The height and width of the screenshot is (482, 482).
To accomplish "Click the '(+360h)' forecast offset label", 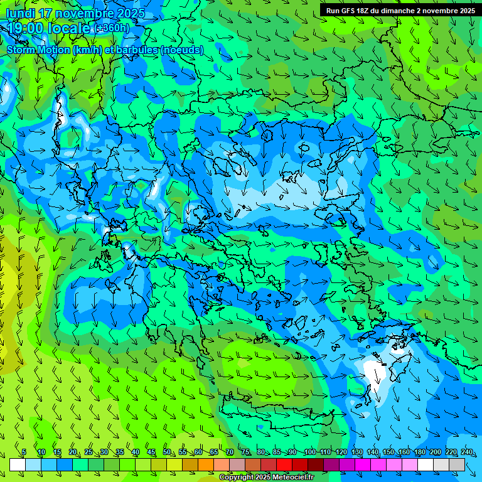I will point(113,28).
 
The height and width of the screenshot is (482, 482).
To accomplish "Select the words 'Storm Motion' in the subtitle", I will point(38,50).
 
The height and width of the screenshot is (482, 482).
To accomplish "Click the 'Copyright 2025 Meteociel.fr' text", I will point(267,478).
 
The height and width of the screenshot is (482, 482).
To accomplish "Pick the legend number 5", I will point(24,453).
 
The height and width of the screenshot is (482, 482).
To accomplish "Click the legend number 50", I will point(167,453).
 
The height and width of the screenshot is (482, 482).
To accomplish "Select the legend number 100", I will point(310,453).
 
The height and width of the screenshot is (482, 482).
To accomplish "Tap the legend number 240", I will point(467,453).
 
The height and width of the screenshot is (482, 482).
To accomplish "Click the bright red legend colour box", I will point(284,464).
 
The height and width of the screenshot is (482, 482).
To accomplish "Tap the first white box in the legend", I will point(18,464).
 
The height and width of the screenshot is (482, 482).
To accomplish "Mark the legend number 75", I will point(245,453).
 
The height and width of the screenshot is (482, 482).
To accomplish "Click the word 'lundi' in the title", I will point(19,13).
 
